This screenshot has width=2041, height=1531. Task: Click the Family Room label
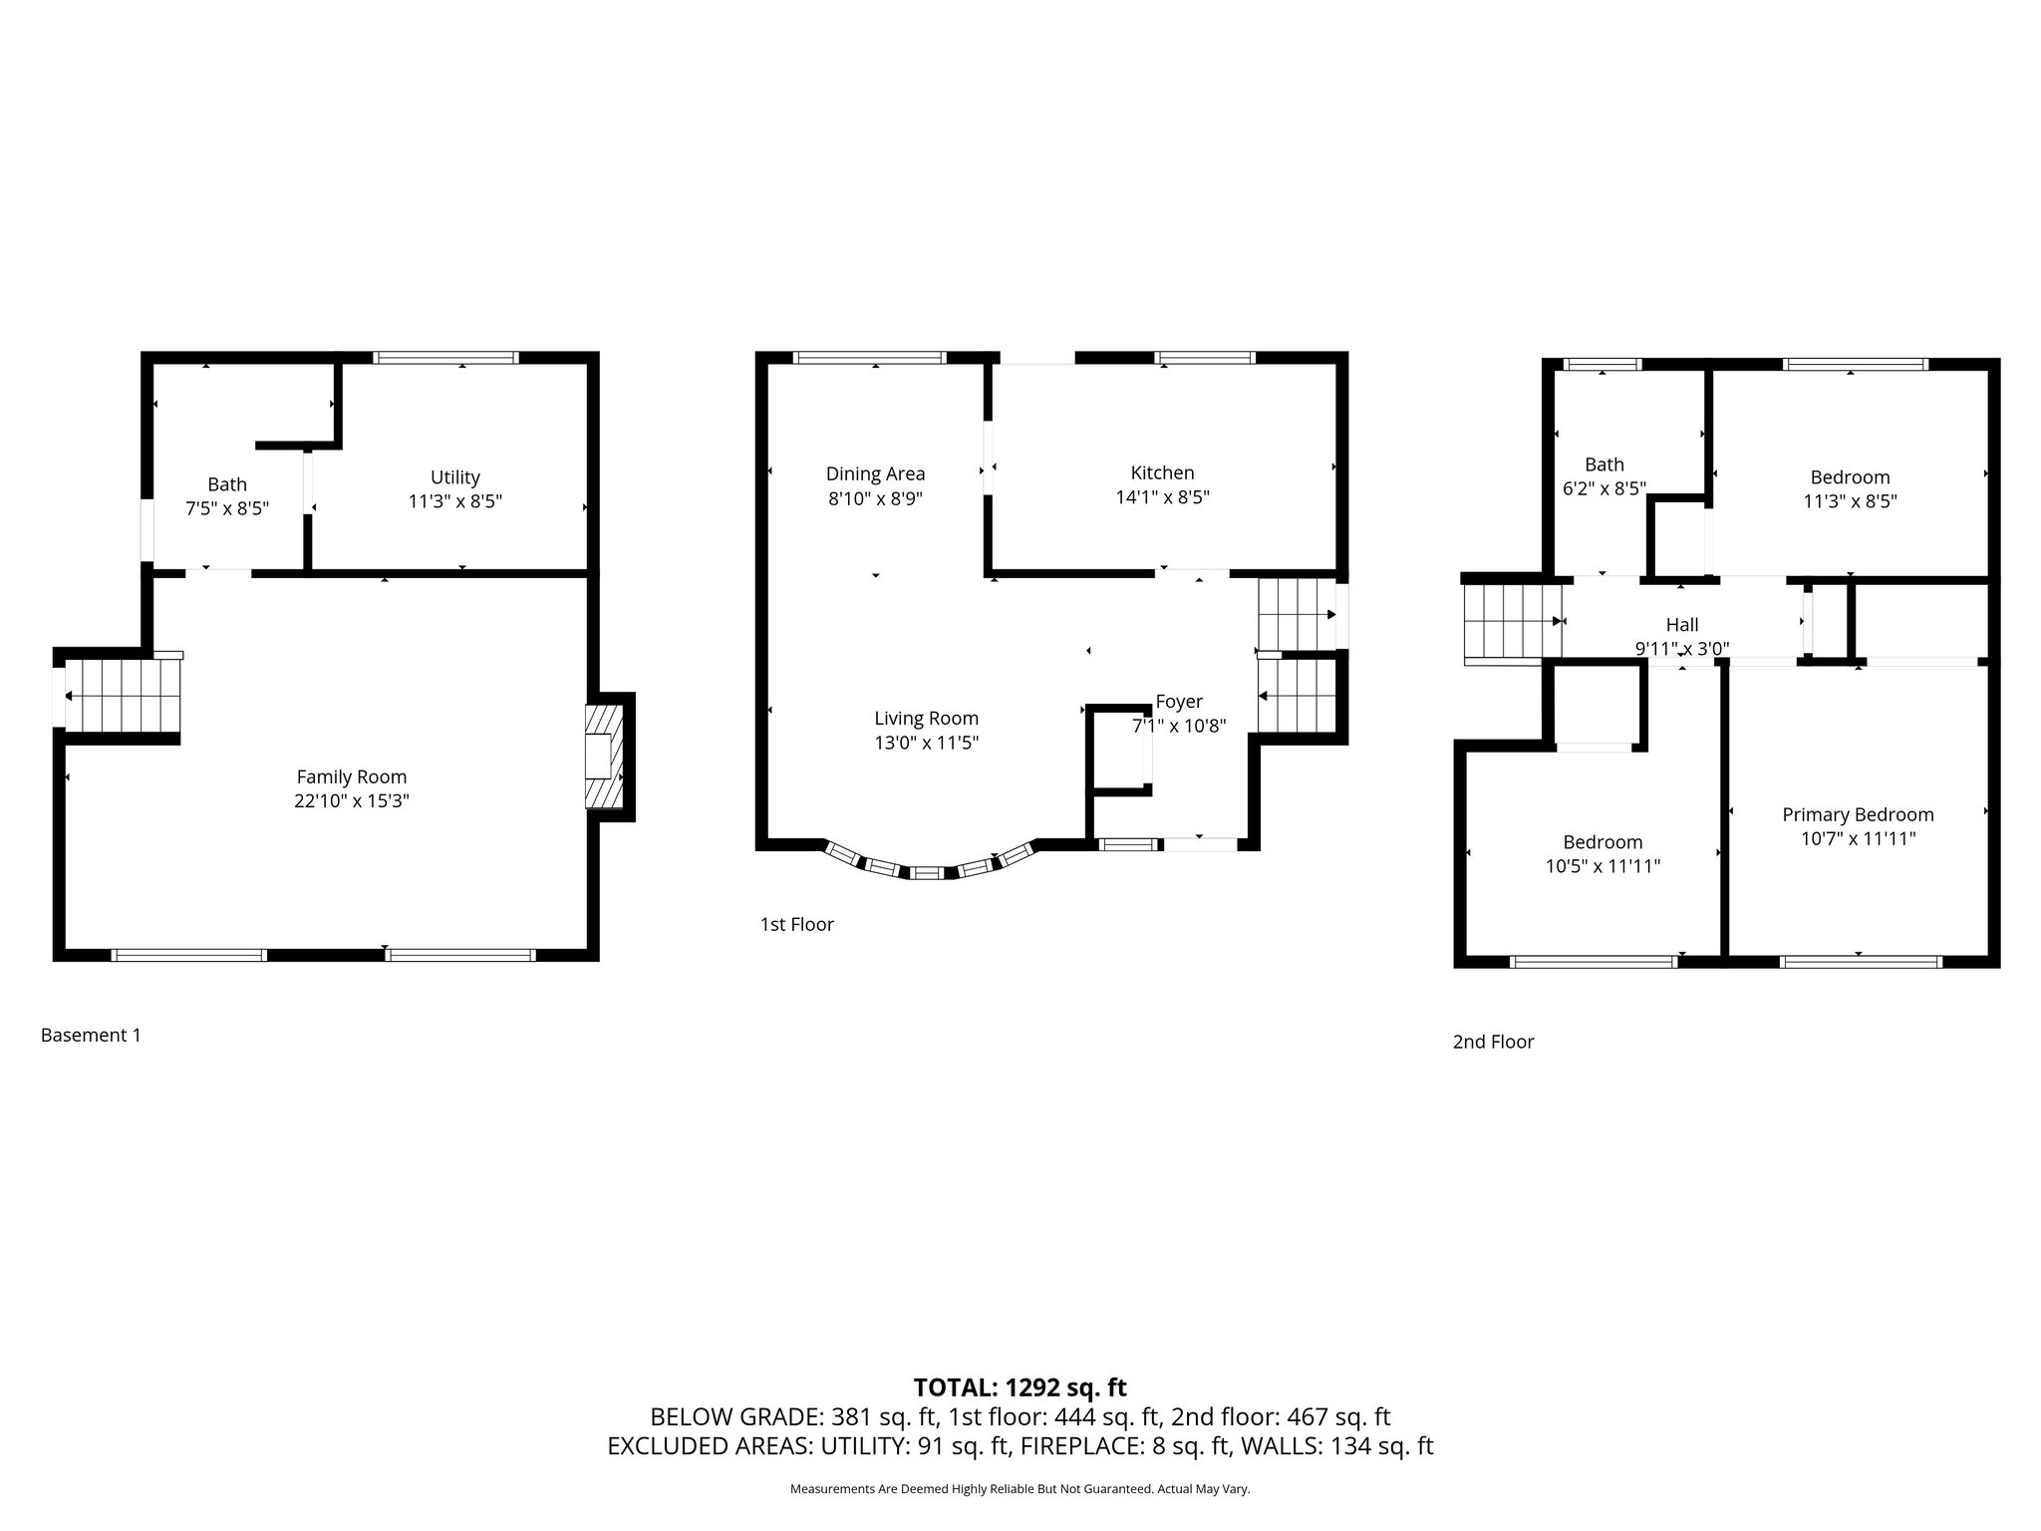[352, 776]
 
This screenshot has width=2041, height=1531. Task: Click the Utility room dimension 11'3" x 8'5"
[455, 501]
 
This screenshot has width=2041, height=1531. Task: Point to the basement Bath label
[227, 484]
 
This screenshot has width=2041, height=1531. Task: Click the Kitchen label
[1162, 472]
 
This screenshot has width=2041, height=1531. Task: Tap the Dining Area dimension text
[875, 498]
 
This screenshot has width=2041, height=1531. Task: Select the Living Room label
[926, 718]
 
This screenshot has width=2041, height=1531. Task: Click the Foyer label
[1179, 702]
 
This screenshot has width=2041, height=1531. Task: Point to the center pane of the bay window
[927, 873]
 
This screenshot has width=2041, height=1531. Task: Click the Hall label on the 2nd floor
[1682, 625]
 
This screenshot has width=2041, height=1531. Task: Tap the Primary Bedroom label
[1858, 814]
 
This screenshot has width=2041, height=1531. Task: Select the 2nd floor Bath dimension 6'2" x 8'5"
[1604, 488]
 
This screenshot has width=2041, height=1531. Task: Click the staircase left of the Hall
[1511, 621]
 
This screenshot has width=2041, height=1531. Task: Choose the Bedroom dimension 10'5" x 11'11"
[1603, 866]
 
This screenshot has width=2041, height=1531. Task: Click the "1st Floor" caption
[796, 924]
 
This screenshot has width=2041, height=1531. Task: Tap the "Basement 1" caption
[91, 1035]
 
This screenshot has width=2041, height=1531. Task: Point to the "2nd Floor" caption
[1493, 1042]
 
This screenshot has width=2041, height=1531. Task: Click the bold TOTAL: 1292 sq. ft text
[1020, 1387]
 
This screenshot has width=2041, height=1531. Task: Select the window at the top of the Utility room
[445, 358]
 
